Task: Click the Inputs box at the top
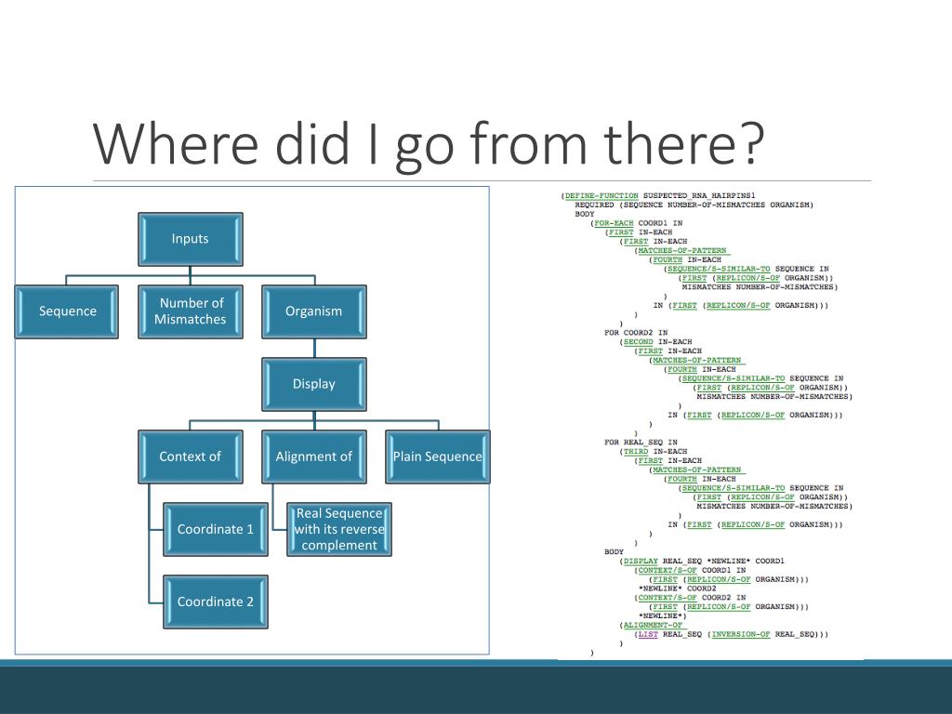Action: (190, 239)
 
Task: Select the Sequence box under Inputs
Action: (67, 311)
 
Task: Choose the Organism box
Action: (313, 311)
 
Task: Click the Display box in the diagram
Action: (313, 384)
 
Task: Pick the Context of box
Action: (190, 456)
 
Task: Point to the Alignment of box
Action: (313, 456)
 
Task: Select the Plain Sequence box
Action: (437, 456)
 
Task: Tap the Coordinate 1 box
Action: (215, 529)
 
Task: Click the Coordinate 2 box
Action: (215, 602)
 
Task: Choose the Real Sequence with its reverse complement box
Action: (338, 529)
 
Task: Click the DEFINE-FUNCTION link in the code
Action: (601, 195)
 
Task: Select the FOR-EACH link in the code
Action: (613, 223)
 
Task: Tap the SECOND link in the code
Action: (638, 342)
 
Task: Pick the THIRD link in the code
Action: (635, 452)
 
